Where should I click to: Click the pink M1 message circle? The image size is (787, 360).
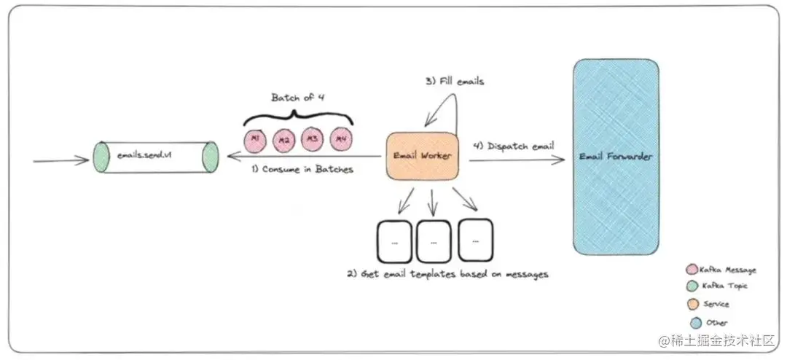(254, 138)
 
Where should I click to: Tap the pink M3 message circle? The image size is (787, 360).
(312, 138)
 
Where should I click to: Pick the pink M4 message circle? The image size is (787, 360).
(340, 138)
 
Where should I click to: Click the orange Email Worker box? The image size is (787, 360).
(423, 156)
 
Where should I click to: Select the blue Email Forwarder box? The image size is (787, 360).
(616, 157)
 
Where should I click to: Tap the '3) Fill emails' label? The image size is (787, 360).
(455, 82)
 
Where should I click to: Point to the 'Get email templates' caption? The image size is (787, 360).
(447, 274)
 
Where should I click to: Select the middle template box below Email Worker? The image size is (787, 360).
(434, 240)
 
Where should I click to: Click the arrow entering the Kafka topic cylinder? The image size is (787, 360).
(61, 158)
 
